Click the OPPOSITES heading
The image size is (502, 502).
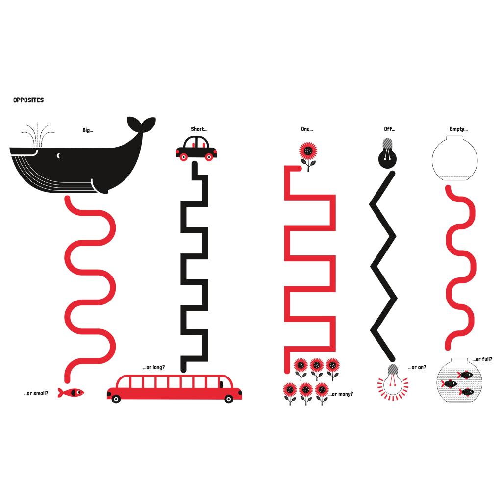(28, 100)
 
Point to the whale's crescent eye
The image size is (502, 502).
(59, 156)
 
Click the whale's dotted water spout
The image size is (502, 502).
(38, 134)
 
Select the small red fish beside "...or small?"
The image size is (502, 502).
(71, 392)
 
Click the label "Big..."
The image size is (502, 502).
(88, 130)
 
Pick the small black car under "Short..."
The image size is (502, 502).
(196, 148)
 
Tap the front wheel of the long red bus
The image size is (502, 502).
(228, 399)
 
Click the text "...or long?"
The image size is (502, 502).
(154, 367)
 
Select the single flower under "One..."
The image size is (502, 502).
(308, 156)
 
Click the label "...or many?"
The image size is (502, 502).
(341, 394)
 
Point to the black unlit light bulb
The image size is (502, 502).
(388, 153)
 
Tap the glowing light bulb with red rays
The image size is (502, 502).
(393, 381)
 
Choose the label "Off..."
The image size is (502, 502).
(390, 129)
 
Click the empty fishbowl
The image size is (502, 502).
(454, 158)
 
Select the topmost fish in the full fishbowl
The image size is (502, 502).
(465, 375)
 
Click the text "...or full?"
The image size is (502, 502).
(482, 359)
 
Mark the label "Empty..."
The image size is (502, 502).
(458, 129)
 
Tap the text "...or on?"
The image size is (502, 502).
(417, 367)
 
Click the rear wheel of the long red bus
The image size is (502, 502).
(116, 399)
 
